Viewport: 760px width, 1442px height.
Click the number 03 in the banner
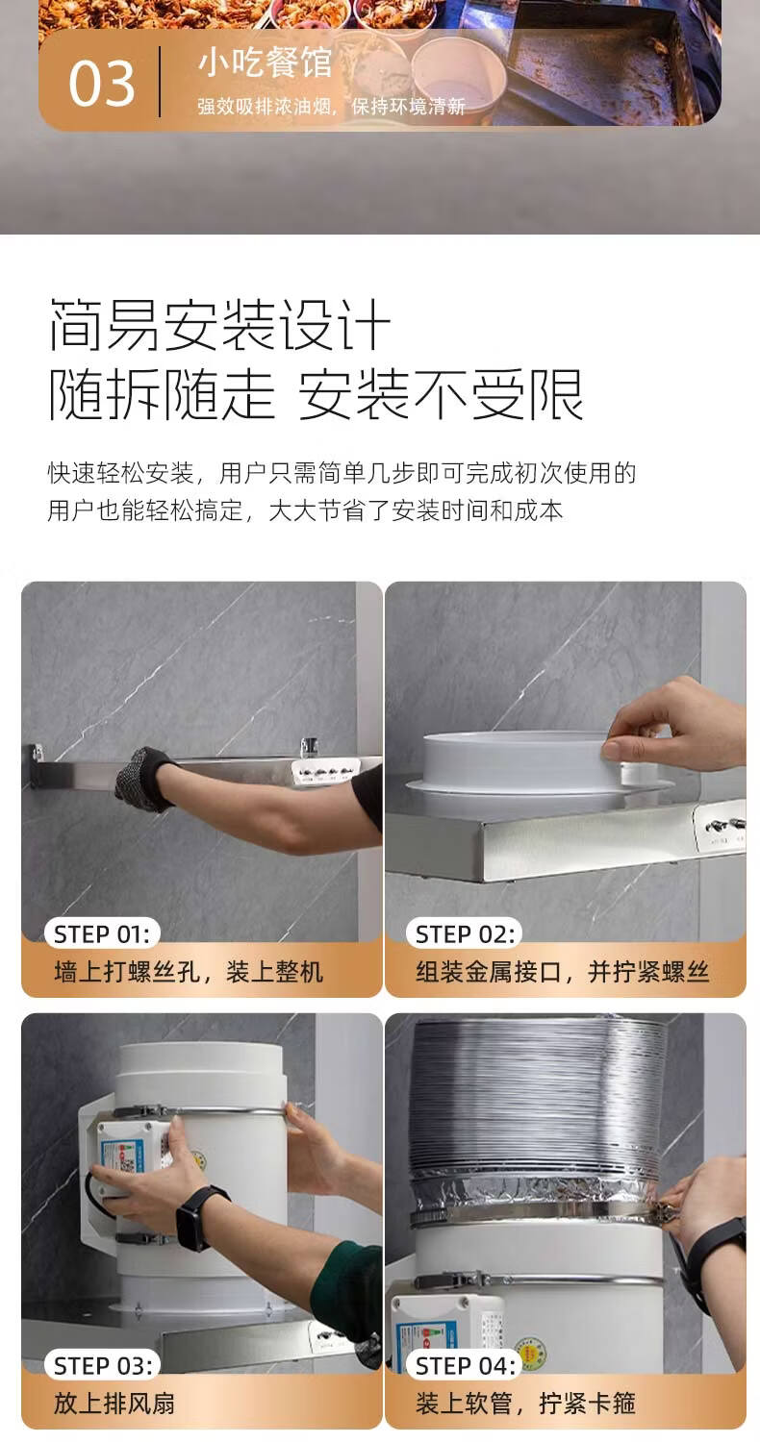(102, 84)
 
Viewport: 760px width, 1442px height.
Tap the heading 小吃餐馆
(265, 63)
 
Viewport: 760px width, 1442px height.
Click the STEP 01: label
(102, 934)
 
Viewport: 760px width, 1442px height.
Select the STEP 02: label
(465, 934)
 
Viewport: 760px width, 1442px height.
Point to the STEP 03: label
(103, 1365)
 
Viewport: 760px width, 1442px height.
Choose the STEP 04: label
(466, 1365)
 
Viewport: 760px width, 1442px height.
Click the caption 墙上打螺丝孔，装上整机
(188, 971)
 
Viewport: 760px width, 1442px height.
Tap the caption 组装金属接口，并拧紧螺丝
(562, 971)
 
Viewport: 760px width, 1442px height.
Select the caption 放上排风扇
(114, 1404)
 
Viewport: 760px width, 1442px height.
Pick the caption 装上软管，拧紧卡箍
(525, 1404)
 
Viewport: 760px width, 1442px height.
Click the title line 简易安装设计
(219, 325)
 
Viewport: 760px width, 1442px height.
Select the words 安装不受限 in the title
(441, 394)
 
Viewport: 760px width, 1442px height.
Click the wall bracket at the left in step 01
(38, 766)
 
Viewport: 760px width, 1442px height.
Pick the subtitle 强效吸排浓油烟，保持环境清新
(331, 106)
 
